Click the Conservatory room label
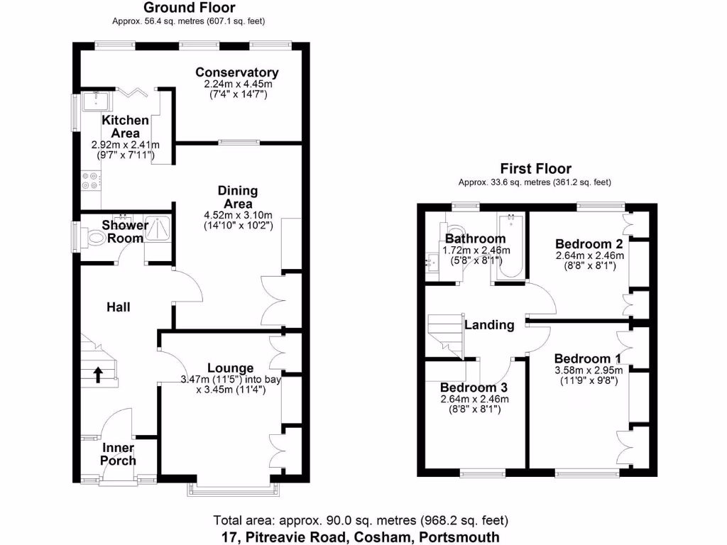237,72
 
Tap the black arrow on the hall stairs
98,375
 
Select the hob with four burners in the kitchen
91,180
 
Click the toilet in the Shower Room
96,238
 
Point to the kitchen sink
96,101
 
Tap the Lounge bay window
234,490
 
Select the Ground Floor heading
189,7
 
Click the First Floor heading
535,168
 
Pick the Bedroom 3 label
474,387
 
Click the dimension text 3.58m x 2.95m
589,370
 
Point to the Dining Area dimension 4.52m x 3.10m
238,215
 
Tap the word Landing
489,325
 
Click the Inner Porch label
119,454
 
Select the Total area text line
361,520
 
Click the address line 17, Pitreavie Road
361,537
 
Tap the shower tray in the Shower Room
158,229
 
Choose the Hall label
119,307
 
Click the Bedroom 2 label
589,244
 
